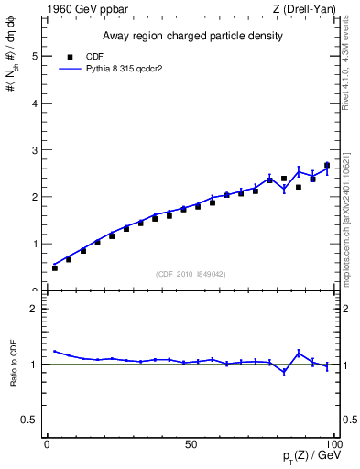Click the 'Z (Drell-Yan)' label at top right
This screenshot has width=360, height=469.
click(304, 9)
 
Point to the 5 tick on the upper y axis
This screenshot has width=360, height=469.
click(35, 56)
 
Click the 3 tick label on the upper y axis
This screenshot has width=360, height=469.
click(35, 150)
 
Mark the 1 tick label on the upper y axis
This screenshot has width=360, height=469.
click(35, 244)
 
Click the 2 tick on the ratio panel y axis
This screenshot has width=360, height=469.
click(35, 309)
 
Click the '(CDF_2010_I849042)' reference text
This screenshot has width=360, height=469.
click(191, 274)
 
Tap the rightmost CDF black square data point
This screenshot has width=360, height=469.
click(327, 166)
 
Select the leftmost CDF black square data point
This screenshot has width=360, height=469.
click(55, 267)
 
